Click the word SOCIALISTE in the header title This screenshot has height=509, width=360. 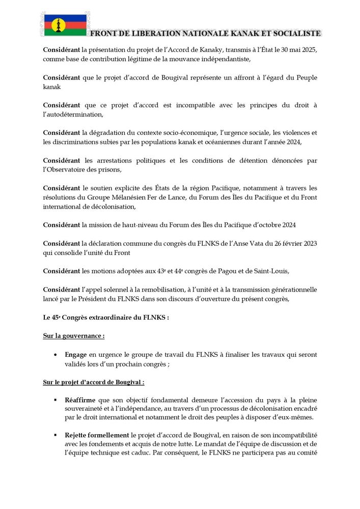pos(294,34)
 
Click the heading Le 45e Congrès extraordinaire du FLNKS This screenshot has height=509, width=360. pos(105,317)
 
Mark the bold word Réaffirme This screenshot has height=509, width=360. pos(80,400)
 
